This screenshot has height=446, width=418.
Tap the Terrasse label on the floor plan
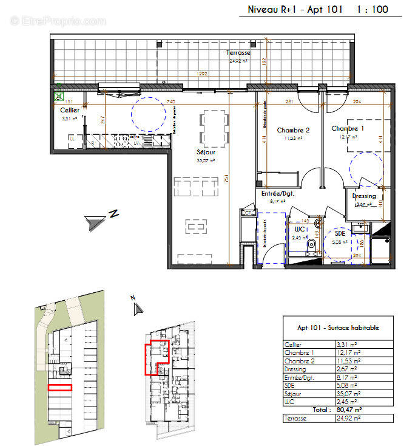pyautogui.click(x=240, y=53)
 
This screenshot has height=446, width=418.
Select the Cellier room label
pyautogui.click(x=69, y=111)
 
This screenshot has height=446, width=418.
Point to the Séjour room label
pyautogui.click(x=207, y=153)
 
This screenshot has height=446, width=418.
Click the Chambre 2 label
pyautogui.click(x=294, y=131)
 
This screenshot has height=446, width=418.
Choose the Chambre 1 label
pyautogui.click(x=348, y=129)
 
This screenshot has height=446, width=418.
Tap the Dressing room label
pyautogui.click(x=365, y=196)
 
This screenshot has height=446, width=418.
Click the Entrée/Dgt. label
pyautogui.click(x=278, y=193)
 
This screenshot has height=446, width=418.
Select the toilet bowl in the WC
pyautogui.click(x=311, y=244)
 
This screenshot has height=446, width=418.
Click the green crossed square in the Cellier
pyautogui.click(x=59, y=95)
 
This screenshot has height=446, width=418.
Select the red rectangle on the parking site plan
pyautogui.click(x=60, y=387)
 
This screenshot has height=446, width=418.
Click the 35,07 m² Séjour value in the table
pyautogui.click(x=348, y=394)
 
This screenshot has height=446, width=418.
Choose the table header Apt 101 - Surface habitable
pyautogui.click(x=338, y=327)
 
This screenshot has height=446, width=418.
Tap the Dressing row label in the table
pyautogui.click(x=295, y=369)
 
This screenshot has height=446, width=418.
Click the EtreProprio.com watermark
pyautogui.click(x=58, y=21)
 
